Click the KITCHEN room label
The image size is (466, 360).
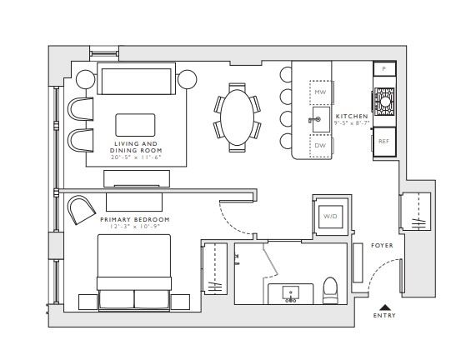[x=352, y=116]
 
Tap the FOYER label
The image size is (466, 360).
[x=382, y=245]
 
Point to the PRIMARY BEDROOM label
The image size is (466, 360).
[x=135, y=219]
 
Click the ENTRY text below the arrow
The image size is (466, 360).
[x=384, y=316]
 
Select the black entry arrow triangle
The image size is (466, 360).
[x=385, y=307]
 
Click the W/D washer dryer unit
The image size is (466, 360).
[x=330, y=217]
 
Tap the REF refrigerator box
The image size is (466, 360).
[x=384, y=142]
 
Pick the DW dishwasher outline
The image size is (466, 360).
[x=320, y=146]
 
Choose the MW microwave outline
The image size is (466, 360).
[x=320, y=92]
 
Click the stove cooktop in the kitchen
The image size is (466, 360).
[x=384, y=102]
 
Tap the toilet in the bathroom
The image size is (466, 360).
[x=330, y=291]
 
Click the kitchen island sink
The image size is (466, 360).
[x=321, y=119]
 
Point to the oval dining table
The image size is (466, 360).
[x=237, y=117]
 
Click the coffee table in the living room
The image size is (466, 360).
[x=136, y=125]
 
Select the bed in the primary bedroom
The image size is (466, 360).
[x=134, y=272]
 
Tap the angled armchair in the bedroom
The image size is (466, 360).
[x=81, y=209]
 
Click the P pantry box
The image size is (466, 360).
[x=384, y=69]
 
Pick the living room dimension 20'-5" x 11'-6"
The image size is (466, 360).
[x=136, y=157]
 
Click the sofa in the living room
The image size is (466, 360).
[x=137, y=78]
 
